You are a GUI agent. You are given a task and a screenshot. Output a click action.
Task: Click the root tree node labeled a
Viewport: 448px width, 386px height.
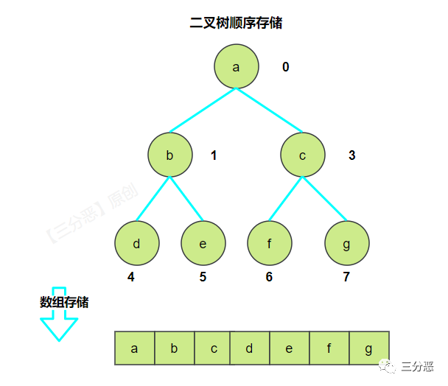(237, 67)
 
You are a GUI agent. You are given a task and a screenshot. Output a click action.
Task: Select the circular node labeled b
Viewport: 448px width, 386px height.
(169, 155)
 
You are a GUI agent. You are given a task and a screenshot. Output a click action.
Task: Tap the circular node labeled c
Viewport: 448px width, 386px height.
(303, 155)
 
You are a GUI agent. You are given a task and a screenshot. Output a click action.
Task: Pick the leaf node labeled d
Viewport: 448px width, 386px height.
(136, 244)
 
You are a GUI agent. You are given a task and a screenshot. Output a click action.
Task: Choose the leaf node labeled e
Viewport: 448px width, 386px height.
(203, 244)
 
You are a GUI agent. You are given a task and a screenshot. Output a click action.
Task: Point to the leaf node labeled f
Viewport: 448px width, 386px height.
(270, 244)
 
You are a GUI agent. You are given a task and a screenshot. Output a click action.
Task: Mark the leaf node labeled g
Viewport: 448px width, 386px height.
(347, 244)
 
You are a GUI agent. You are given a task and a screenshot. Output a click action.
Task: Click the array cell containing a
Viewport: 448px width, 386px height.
(135, 348)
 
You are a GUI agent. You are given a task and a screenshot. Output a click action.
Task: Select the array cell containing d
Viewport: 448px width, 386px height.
(250, 348)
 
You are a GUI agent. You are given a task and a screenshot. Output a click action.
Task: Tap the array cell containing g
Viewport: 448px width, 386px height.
(368, 348)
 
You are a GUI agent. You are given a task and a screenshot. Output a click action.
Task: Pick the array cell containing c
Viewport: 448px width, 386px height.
(213, 348)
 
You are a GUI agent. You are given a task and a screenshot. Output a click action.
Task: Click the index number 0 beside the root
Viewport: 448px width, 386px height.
(286, 68)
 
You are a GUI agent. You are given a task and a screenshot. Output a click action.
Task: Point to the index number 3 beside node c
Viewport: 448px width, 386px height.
(352, 155)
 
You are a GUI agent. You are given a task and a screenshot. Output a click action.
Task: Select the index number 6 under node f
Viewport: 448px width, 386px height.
(269, 278)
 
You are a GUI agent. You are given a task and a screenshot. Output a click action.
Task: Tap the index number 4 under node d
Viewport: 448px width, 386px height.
(131, 278)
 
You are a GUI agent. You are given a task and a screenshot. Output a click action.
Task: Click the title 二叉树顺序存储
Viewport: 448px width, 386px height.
(236, 23)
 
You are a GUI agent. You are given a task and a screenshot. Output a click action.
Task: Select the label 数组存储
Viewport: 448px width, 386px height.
(64, 302)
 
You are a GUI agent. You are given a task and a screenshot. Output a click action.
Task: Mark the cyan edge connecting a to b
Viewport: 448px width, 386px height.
(203, 111)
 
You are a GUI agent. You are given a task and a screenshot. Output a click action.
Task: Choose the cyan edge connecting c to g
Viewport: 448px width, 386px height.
(325, 200)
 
